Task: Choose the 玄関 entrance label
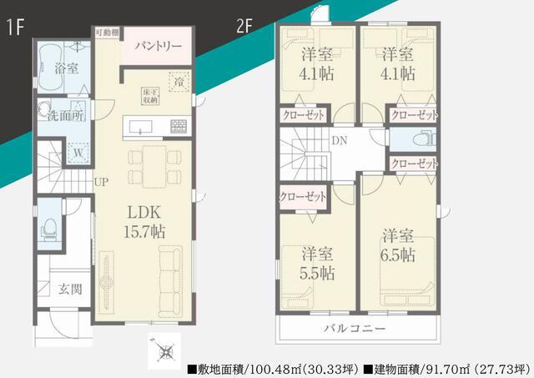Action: point(69,290)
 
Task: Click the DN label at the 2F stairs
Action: point(340,140)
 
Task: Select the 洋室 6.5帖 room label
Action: point(400,244)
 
